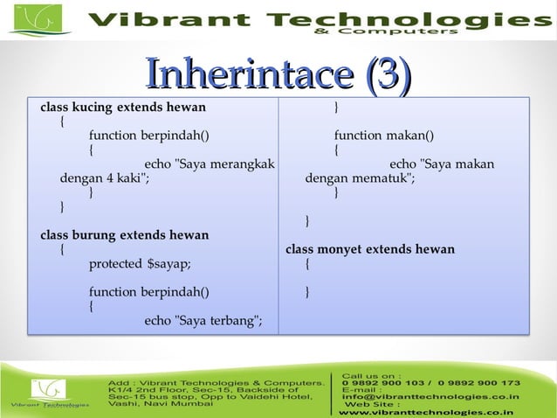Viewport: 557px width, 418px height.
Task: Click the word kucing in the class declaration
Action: pyautogui.click(x=98, y=108)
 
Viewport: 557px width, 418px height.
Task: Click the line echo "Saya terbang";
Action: pyautogui.click(x=203, y=320)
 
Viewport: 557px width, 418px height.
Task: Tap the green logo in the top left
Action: pyautogui.click(x=38, y=19)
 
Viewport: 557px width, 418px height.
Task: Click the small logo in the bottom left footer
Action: pyautogui.click(x=48, y=392)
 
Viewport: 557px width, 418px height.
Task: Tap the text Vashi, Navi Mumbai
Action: pyautogui.click(x=160, y=403)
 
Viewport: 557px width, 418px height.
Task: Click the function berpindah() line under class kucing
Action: pyautogui.click(x=149, y=136)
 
